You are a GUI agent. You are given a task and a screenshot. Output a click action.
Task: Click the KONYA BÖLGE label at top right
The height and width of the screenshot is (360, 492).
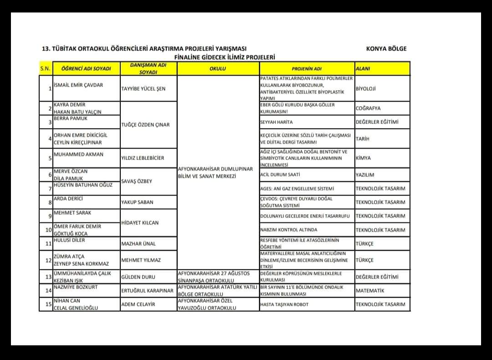(x=386, y=49)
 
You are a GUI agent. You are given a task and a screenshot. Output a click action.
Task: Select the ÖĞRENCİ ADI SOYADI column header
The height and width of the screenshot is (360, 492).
(x=86, y=69)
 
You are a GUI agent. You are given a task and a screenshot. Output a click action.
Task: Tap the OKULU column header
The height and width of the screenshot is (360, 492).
(x=218, y=69)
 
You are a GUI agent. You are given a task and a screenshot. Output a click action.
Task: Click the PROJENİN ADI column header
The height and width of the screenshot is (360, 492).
(x=307, y=69)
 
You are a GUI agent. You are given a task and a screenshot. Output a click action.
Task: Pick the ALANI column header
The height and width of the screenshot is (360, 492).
(x=363, y=69)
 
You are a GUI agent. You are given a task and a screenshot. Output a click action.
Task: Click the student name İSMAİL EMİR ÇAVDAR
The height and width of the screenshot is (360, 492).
(x=78, y=85)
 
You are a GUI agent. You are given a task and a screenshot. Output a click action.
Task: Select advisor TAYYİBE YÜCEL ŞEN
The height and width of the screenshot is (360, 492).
(x=143, y=89)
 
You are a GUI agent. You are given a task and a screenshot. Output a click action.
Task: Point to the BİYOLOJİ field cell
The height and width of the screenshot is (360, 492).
(x=366, y=89)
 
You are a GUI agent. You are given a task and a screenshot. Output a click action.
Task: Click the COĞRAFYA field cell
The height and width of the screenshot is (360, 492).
(x=368, y=108)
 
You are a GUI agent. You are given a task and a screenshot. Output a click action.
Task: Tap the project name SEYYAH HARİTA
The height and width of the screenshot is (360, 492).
(x=277, y=122)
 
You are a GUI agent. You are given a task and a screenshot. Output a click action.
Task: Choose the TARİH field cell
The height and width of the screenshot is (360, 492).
(x=363, y=139)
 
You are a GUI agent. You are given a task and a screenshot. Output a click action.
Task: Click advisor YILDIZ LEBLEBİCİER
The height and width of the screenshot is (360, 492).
(x=143, y=158)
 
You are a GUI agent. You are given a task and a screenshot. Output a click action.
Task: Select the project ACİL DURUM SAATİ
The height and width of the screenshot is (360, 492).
(x=280, y=175)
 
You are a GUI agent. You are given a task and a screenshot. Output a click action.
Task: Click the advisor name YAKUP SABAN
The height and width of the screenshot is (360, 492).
(x=137, y=202)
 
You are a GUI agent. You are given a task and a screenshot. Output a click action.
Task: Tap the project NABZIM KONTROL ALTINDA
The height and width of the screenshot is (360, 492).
(x=288, y=230)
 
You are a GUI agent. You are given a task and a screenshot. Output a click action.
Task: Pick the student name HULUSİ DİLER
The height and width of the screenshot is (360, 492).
(x=69, y=240)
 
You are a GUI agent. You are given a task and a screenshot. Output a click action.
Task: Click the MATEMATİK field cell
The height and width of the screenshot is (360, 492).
(x=370, y=291)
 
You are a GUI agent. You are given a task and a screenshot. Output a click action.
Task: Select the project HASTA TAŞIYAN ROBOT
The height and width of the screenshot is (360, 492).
(x=284, y=304)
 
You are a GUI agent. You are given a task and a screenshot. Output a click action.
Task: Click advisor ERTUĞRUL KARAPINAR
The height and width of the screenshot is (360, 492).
(x=147, y=291)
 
